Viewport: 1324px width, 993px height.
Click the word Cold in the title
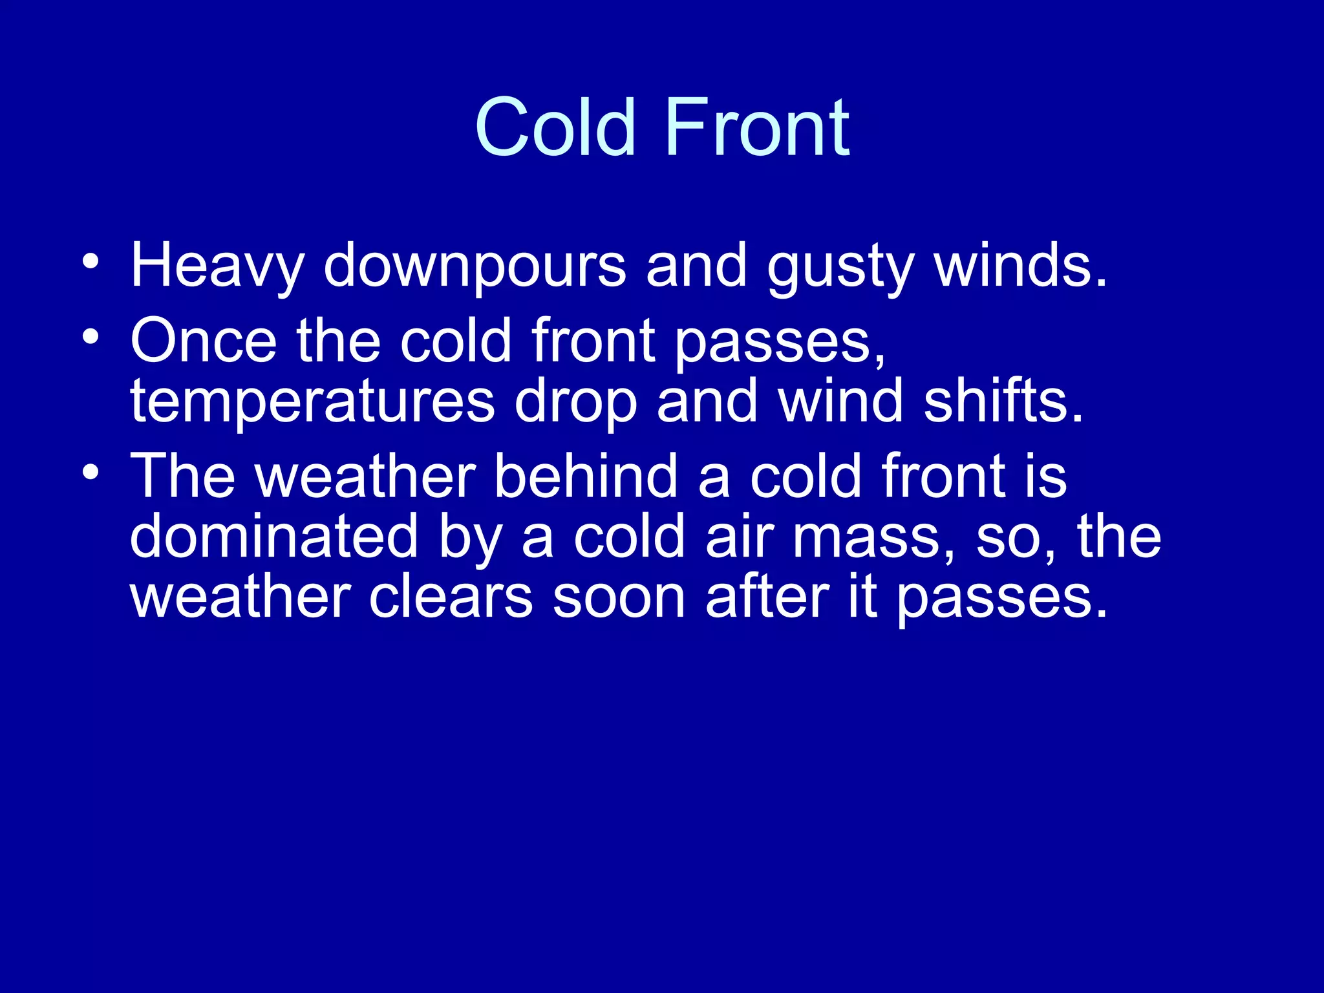tap(555, 127)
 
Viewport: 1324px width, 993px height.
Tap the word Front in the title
tap(756, 127)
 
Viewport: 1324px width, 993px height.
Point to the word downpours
tap(475, 266)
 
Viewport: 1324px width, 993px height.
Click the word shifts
tap(1002, 401)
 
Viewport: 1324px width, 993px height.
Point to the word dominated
tap(274, 536)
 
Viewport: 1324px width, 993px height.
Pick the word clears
tap(451, 597)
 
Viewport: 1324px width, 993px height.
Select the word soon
tap(619, 597)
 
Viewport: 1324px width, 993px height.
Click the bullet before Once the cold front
tap(91, 336)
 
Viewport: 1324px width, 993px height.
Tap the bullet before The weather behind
tap(91, 472)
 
